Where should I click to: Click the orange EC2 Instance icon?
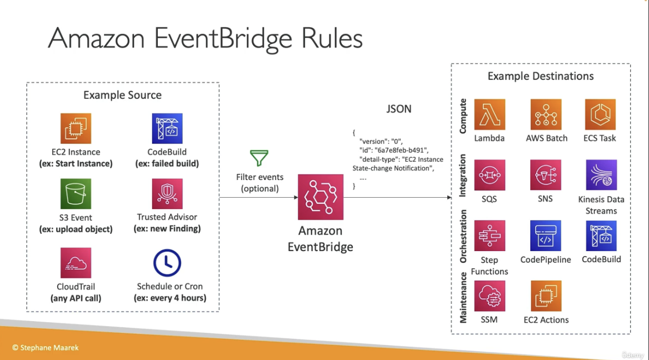[76, 129]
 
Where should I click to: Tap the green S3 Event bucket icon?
[76, 194]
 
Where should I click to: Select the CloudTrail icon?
[76, 263]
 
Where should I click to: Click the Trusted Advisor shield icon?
[167, 194]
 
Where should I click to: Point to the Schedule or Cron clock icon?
[167, 263]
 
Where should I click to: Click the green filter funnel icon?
[259, 158]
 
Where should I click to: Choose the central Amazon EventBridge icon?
[321, 197]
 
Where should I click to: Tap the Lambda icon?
[490, 114]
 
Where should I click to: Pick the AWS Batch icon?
[546, 114]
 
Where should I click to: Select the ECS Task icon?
[600, 114]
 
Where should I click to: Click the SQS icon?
[490, 175]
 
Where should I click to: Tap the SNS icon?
[546, 175]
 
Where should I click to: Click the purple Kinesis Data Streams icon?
[601, 175]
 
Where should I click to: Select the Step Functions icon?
[490, 236]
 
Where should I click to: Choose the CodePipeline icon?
[546, 236]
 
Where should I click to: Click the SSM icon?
[490, 296]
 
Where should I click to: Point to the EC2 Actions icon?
[546, 296]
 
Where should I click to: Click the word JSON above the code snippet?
[399, 109]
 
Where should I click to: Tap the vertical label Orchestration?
[463, 236]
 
